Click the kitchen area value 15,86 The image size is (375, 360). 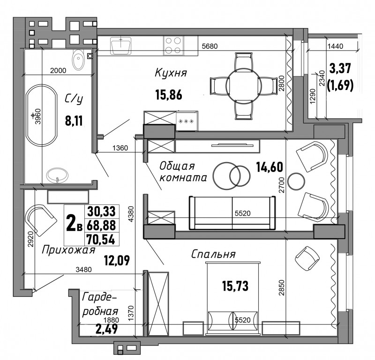point(169,94)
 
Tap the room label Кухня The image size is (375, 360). point(171,73)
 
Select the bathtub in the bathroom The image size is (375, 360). point(42,115)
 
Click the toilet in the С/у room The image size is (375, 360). point(78,60)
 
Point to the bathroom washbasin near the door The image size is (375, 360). point(57,175)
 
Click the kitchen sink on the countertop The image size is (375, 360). point(121,45)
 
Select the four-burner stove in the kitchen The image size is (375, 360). point(173,45)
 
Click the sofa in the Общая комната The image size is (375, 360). point(232,213)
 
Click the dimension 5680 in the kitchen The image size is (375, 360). point(210,46)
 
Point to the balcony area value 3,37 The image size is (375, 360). point(340,68)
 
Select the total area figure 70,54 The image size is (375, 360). point(101,239)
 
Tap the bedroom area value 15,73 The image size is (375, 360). point(235,286)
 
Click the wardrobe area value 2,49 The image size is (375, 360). point(106,329)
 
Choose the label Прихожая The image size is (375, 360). point(68,250)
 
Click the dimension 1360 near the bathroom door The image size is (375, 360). point(120,148)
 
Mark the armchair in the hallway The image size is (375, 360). point(40,220)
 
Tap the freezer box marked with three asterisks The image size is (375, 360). point(187,121)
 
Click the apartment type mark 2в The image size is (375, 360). point(74,224)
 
